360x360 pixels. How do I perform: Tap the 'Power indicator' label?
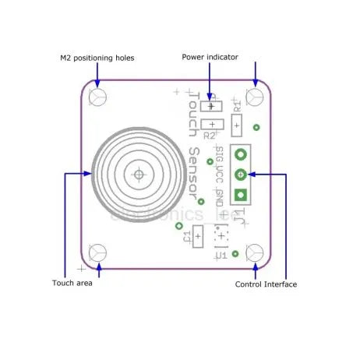(x=210, y=57)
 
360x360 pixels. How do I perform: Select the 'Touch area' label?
(x=72, y=283)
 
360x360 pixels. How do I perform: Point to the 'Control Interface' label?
(x=266, y=284)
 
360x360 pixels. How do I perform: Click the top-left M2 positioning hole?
(x=98, y=97)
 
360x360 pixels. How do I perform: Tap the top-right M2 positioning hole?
(x=254, y=97)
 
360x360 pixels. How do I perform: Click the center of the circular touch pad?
(x=139, y=175)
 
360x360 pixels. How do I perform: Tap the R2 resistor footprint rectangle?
(x=211, y=124)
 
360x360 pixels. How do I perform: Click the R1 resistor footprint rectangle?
(x=237, y=124)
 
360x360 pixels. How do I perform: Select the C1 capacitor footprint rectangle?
(x=199, y=236)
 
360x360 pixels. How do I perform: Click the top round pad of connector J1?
(x=241, y=155)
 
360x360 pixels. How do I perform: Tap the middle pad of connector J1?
(x=241, y=175)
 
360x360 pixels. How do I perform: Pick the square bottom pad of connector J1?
(x=241, y=194)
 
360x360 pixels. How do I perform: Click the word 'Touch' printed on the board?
(x=192, y=114)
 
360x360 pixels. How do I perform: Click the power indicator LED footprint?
(x=211, y=105)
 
